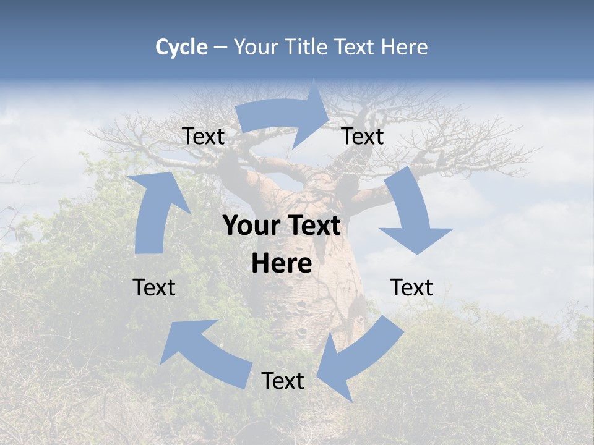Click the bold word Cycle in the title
point(181,47)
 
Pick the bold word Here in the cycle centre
point(282,264)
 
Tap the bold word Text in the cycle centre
point(312,226)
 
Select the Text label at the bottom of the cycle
point(283,381)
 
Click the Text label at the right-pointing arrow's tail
point(204,136)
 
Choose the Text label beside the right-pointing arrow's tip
point(363,136)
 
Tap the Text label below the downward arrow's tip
point(411,287)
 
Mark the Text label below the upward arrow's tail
point(154,287)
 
